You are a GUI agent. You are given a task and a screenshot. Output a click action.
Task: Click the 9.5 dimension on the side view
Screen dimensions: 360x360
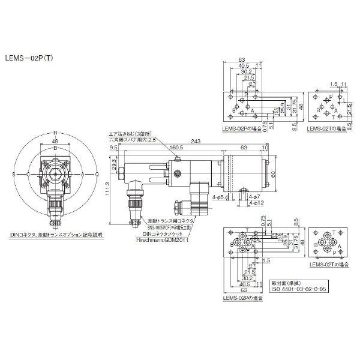click(x=113, y=148)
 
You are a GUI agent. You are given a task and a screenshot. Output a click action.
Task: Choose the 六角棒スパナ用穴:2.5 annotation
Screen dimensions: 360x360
click(x=131, y=140)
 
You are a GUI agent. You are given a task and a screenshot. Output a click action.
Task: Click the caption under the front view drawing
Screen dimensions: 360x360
click(x=56, y=235)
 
